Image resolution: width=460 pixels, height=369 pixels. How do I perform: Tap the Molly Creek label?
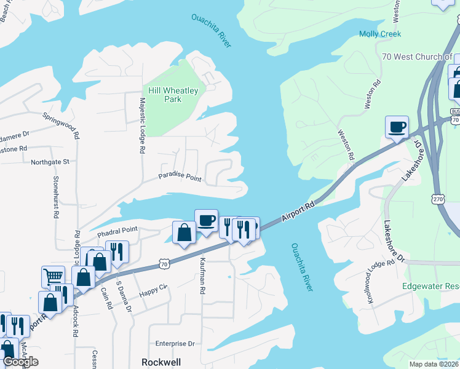tap(379, 34)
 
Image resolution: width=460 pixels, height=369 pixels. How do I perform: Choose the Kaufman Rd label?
tap(202, 276)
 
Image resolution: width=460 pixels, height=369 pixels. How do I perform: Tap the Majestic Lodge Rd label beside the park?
tap(142, 125)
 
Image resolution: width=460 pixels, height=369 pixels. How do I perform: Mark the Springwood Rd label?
tap(61, 123)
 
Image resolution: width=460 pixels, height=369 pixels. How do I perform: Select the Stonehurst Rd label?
tap(55, 197)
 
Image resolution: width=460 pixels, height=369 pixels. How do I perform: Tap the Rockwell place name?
tap(161, 362)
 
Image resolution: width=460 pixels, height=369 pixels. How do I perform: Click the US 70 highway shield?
tap(164, 264)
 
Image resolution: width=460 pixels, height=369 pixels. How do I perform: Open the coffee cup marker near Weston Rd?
tap(397, 127)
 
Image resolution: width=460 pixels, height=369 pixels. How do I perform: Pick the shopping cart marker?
tap(54, 277)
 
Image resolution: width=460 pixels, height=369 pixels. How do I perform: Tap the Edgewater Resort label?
tap(430, 287)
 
